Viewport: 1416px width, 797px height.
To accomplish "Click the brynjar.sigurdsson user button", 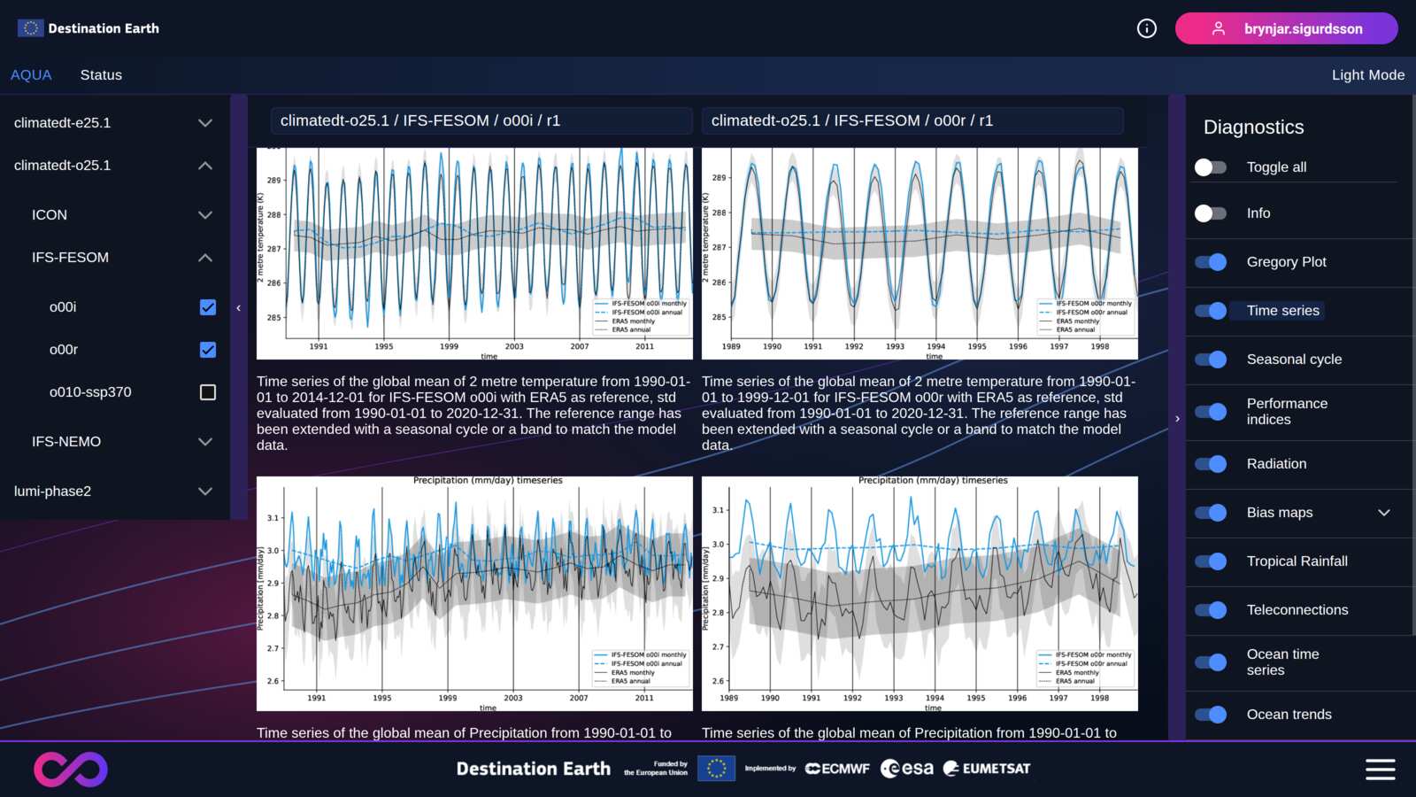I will tap(1286, 28).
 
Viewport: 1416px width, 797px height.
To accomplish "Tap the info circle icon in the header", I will tap(1146, 28).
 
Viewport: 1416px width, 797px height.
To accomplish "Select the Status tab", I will tap(101, 75).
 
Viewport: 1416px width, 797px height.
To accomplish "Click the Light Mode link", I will tap(1367, 75).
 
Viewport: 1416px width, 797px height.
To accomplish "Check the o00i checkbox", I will tap(208, 307).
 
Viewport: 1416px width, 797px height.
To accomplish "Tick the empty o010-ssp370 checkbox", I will tap(208, 392).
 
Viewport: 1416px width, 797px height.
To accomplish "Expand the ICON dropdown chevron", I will tap(205, 215).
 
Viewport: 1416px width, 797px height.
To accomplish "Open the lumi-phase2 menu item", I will tap(52, 491).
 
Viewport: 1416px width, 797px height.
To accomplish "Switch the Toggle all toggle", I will tap(1211, 167).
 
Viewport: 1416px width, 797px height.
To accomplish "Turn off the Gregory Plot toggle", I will tap(1211, 262).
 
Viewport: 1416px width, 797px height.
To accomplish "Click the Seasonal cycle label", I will tap(1294, 360).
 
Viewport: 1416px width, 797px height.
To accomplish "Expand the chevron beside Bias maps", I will tap(1384, 513).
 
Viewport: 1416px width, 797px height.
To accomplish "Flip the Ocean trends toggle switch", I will tap(1211, 715).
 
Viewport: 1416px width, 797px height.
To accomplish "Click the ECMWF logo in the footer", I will tap(837, 769).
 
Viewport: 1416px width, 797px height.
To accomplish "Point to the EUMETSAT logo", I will tap(987, 769).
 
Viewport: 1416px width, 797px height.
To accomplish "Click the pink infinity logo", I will tap(71, 769).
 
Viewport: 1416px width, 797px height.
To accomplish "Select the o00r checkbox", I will tap(208, 350).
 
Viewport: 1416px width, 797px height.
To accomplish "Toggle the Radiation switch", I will tap(1211, 464).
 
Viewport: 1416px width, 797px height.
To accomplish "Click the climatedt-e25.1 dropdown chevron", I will tap(205, 123).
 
